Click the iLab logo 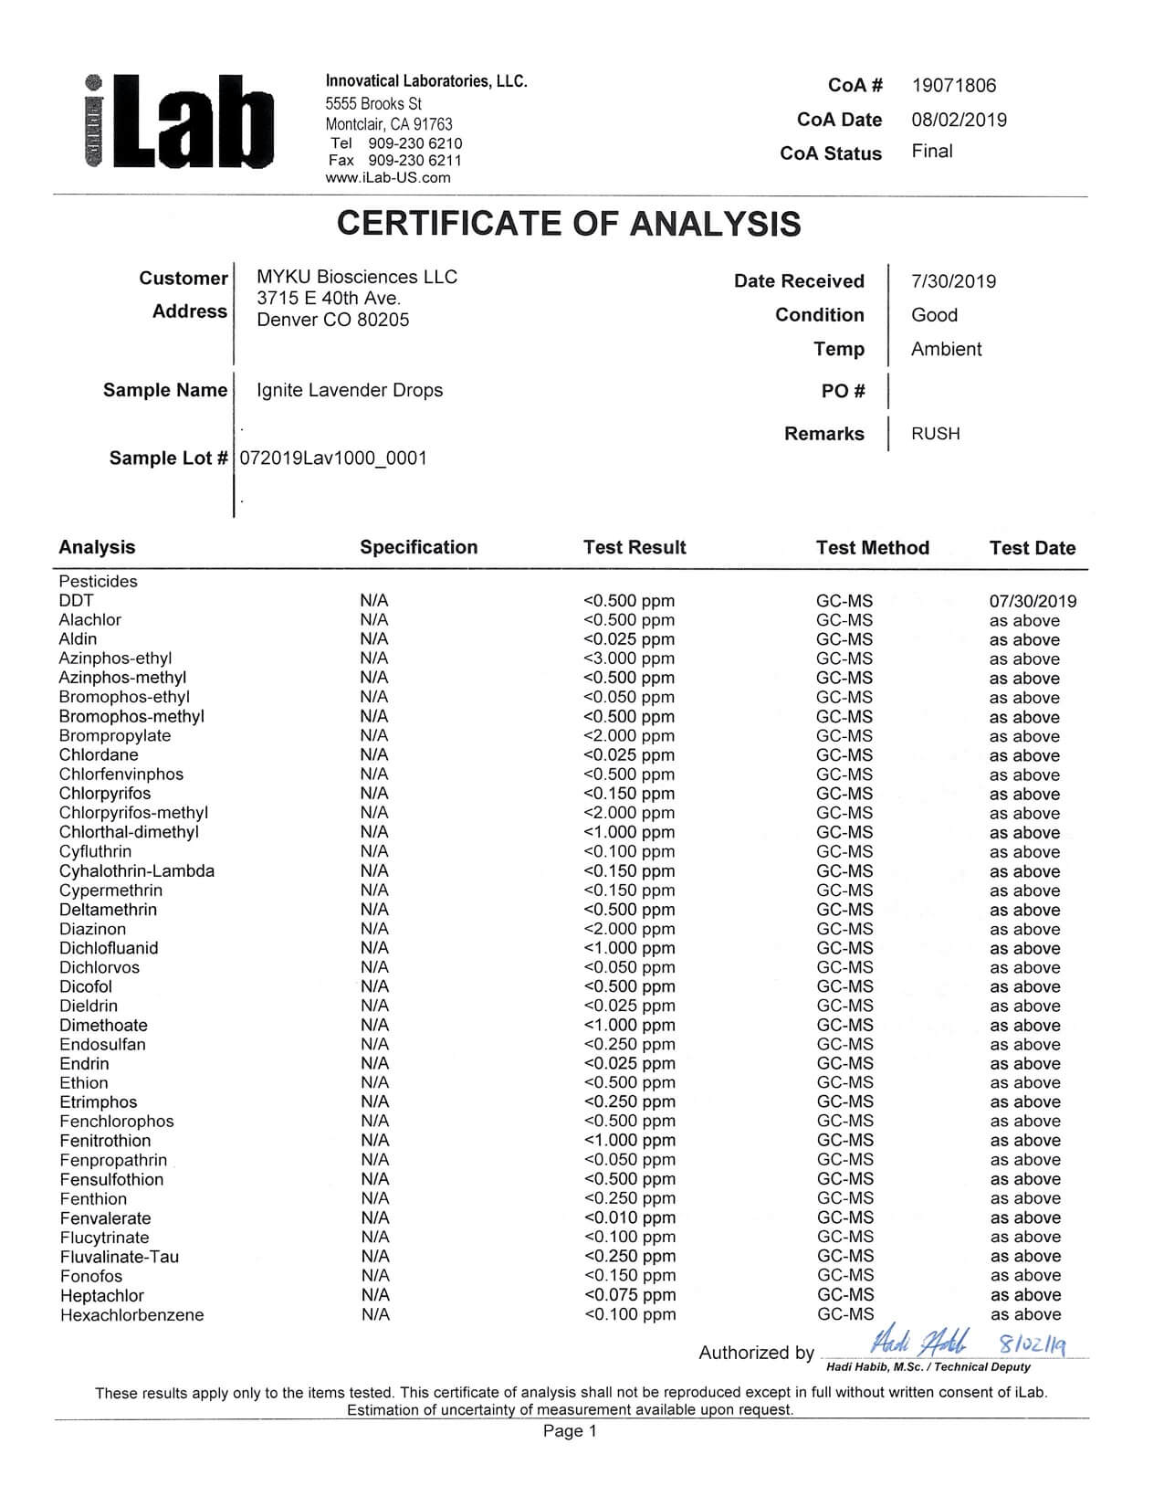(179, 122)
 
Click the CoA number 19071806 (953, 86)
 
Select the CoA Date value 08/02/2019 (959, 120)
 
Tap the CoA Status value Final (931, 152)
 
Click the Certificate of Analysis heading (569, 224)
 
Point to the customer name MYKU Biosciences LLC (357, 277)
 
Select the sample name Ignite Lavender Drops (350, 390)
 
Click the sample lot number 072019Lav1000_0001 (333, 458)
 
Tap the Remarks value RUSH (935, 434)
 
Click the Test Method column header (872, 548)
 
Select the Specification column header (418, 547)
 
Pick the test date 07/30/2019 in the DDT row (1033, 601)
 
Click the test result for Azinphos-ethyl (629, 659)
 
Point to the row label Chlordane (99, 755)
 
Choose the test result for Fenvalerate (629, 1217)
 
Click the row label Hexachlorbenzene (131, 1315)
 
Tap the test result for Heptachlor (629, 1295)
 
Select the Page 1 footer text (570, 1431)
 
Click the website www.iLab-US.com (388, 178)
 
